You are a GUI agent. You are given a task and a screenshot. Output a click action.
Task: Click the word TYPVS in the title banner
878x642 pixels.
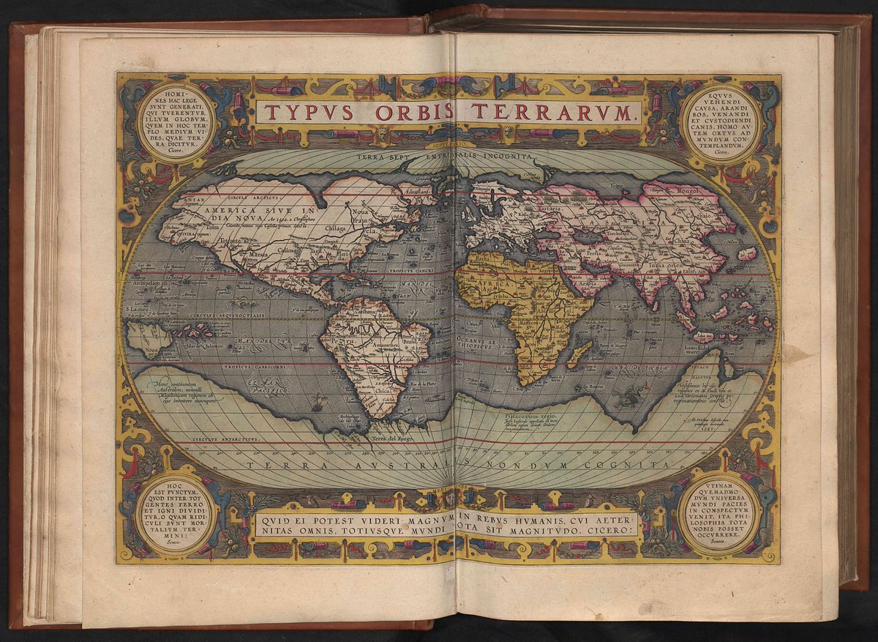[x=308, y=113]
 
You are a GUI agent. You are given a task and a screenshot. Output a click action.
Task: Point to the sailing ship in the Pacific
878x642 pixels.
[x=318, y=401]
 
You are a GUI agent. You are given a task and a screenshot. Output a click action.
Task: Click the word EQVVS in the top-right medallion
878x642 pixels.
[x=721, y=95]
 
